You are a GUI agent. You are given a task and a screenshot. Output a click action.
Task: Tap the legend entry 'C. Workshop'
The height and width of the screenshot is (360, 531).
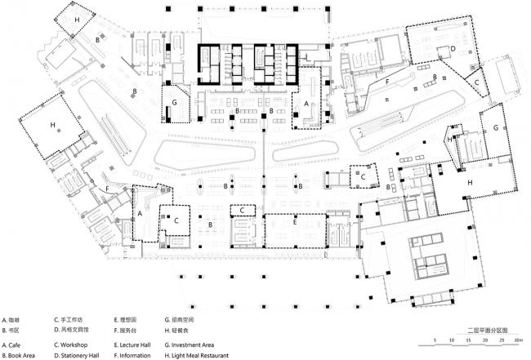[72, 345]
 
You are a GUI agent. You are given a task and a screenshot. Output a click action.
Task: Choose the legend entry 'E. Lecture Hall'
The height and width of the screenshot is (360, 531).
[133, 345]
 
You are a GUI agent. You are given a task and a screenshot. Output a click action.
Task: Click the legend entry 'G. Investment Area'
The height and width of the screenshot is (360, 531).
[190, 345]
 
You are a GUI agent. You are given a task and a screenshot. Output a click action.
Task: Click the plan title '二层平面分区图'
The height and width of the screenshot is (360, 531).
[482, 333]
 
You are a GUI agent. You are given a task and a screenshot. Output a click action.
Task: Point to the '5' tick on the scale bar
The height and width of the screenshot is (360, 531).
[436, 342]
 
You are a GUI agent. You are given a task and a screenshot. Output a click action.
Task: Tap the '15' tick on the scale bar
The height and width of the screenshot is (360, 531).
[468, 342]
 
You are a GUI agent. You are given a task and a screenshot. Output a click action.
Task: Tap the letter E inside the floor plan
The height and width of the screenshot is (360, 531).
[295, 221]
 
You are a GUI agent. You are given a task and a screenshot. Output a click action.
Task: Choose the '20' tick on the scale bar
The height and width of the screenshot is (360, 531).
[484, 342]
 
